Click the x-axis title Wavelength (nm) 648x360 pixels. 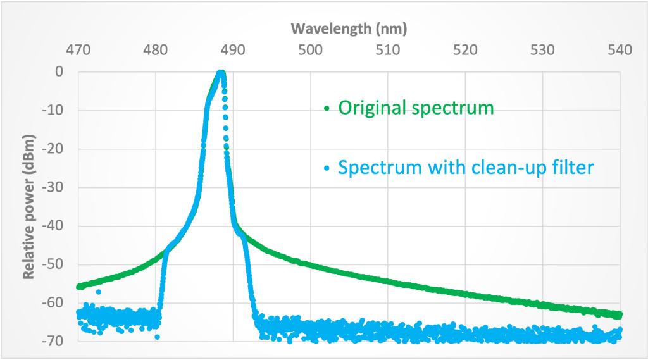point(348,28)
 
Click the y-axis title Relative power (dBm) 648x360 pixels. point(28,206)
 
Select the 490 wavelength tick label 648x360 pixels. point(233,50)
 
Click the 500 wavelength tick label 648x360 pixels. point(310,50)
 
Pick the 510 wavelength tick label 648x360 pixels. point(388,50)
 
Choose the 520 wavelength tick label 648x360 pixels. point(465,50)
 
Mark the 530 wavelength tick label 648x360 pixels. point(543,50)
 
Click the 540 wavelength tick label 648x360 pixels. point(620,50)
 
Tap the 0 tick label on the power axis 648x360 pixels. point(59,71)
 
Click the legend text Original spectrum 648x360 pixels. point(416,108)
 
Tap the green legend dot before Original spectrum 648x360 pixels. point(327,109)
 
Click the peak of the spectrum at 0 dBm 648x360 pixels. point(221,73)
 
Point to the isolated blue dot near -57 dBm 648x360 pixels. point(99,292)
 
